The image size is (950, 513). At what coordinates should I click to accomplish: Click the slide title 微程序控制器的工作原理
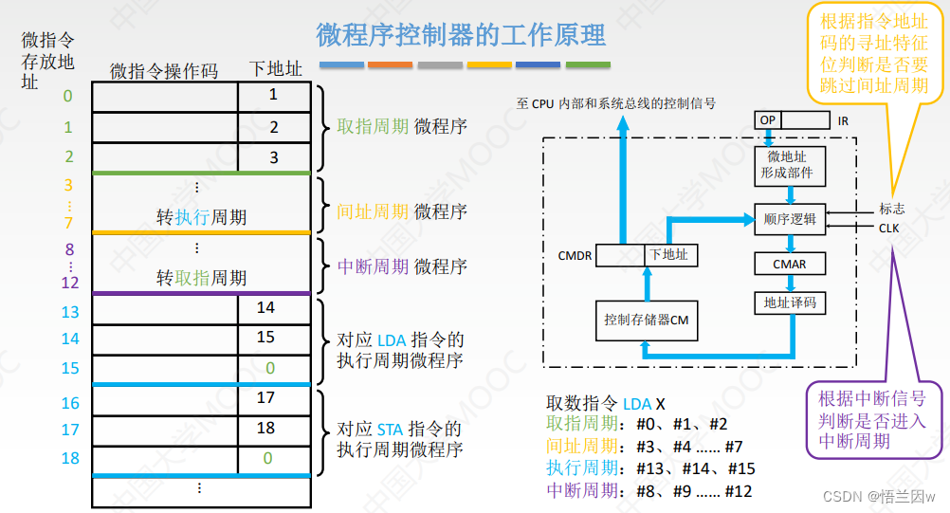click(x=461, y=36)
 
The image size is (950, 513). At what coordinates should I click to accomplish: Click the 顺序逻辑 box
click(x=789, y=218)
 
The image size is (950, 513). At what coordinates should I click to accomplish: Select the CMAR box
click(x=789, y=263)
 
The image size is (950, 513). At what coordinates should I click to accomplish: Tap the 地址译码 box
click(x=789, y=303)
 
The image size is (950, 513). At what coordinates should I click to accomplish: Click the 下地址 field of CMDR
click(x=667, y=254)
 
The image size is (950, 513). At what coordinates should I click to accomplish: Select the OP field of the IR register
click(x=766, y=120)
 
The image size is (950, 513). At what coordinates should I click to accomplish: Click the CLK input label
click(x=889, y=228)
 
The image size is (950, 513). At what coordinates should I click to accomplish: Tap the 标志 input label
click(x=891, y=210)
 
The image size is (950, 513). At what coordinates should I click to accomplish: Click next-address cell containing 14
click(x=265, y=308)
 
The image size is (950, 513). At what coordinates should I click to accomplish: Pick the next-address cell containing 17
click(x=265, y=398)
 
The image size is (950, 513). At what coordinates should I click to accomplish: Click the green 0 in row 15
click(x=270, y=367)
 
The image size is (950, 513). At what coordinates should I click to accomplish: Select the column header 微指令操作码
click(x=164, y=71)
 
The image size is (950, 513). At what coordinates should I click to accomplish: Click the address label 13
click(x=70, y=312)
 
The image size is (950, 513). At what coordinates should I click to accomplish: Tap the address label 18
click(x=70, y=459)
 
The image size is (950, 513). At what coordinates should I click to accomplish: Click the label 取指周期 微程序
click(x=402, y=127)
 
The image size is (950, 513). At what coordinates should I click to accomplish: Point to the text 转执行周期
click(x=201, y=217)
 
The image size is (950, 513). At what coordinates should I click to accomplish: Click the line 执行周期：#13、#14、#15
click(x=650, y=467)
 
